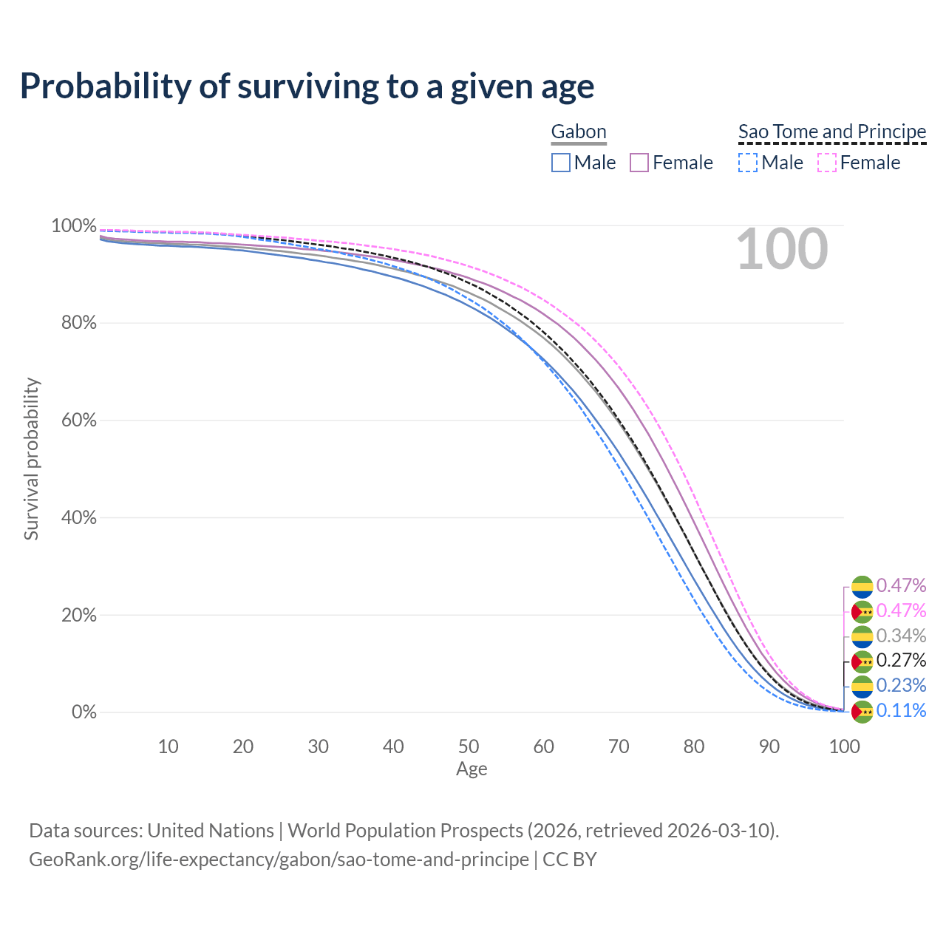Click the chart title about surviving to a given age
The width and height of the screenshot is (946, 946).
point(307,86)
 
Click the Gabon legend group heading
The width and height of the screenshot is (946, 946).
point(579,132)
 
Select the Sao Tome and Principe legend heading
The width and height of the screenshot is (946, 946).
point(832,132)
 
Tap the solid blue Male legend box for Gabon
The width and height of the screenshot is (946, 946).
point(561,163)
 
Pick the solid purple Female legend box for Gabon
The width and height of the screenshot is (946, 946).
point(639,163)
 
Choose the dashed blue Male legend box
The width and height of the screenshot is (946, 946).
point(748,163)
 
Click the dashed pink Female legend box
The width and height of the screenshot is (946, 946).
point(826,163)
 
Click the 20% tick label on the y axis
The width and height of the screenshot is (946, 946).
point(78,615)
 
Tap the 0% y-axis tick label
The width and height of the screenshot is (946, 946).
point(84,712)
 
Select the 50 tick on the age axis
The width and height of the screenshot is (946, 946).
point(469,746)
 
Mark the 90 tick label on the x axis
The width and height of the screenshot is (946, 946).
point(769,746)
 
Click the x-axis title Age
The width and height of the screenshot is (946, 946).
point(472,769)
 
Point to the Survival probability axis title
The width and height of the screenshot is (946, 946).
point(31,459)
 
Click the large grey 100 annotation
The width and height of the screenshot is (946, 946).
point(782,250)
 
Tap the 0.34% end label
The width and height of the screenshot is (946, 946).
point(901,636)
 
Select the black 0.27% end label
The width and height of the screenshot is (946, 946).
point(901,660)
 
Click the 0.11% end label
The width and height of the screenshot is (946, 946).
point(901,710)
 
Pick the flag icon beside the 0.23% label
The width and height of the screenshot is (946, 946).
point(862,686)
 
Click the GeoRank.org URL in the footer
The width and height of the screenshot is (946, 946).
point(279,860)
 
